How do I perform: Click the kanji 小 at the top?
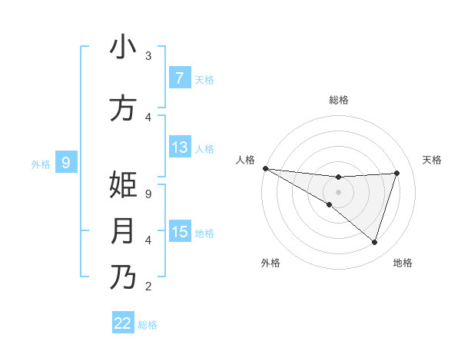123,47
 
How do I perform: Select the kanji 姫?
123,185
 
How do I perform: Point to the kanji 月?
123,231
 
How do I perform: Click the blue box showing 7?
179,78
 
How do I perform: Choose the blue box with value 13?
179,147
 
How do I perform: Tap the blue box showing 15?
179,232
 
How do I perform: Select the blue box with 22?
123,323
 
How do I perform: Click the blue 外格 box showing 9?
66,163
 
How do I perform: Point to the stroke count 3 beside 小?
148,56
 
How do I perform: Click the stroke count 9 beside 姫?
148,194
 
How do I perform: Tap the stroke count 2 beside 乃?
148,286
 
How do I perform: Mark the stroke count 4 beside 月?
148,240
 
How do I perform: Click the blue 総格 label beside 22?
148,325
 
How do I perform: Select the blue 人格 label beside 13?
204,148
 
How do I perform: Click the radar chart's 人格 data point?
265,167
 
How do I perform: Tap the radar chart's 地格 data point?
374,242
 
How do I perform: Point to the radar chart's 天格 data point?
397,173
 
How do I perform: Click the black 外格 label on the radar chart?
270,263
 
